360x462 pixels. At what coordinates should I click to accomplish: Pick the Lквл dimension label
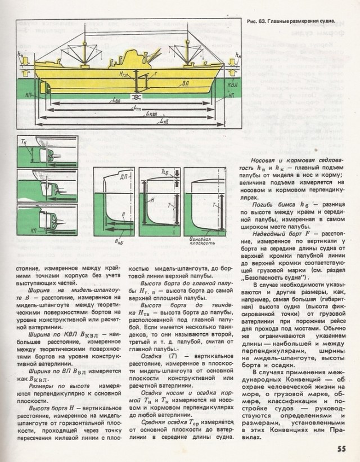tap(151, 114)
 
